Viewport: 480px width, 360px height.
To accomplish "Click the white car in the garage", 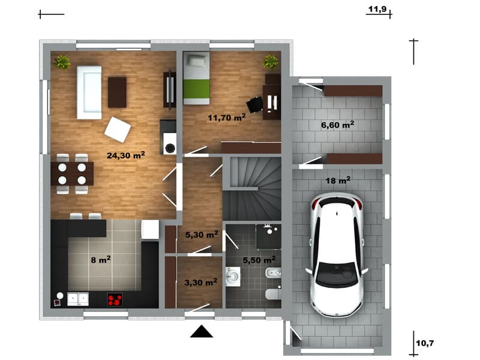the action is pos(337,254).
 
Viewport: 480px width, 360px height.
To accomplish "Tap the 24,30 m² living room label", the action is pos(126,155).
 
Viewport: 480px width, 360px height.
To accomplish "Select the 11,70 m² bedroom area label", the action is pos(227,117).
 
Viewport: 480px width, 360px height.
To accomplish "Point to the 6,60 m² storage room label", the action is pos(338,125).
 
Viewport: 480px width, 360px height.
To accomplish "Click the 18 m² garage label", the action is pos(338,181).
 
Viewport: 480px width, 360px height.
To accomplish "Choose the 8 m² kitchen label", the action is pos(101,260).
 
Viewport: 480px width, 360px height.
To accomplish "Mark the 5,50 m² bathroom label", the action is pos(259,260).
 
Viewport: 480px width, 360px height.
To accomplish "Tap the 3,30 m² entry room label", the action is pos(201,282).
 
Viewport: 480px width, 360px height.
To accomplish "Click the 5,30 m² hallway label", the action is pos(202,235).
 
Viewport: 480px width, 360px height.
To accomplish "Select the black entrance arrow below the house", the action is pos(202,332).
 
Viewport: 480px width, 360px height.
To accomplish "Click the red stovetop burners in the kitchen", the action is pos(115,299).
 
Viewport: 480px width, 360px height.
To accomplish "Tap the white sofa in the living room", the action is pos(89,92).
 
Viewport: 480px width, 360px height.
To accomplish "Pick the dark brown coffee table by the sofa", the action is pos(117,92).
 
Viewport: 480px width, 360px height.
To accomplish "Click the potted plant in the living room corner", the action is pos(62,62).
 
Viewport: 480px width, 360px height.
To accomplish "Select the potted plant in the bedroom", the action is pos(271,62).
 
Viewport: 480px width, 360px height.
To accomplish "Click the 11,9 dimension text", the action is pos(377,9).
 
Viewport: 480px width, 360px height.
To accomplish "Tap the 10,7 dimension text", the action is pos(425,343).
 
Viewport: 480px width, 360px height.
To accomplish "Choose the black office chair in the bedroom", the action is pos(255,104).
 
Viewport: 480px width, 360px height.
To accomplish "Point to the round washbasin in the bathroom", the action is pos(233,276).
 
